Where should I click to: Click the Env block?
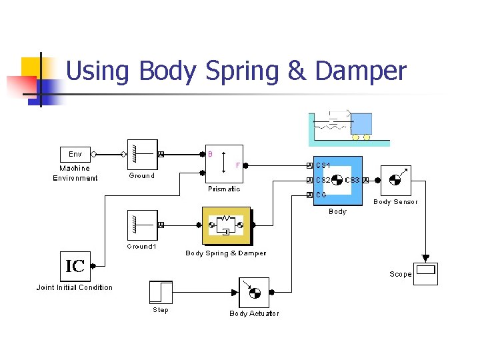click(75, 154)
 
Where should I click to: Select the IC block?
click(75, 267)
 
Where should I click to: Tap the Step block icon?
click(161, 292)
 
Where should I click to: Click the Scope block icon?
click(425, 273)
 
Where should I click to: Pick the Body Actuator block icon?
click(254, 293)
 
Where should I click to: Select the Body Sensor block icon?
click(395, 180)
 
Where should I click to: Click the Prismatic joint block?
click(223, 163)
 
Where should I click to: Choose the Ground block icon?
click(141, 155)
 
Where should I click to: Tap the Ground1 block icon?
click(141, 225)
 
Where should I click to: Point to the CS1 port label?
click(323, 165)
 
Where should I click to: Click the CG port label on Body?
click(321, 195)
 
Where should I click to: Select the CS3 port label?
click(353, 180)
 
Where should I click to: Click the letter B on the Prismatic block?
click(211, 153)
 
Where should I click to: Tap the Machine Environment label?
click(75, 173)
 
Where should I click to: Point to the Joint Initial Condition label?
click(75, 287)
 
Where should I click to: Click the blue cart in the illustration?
click(361, 123)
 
